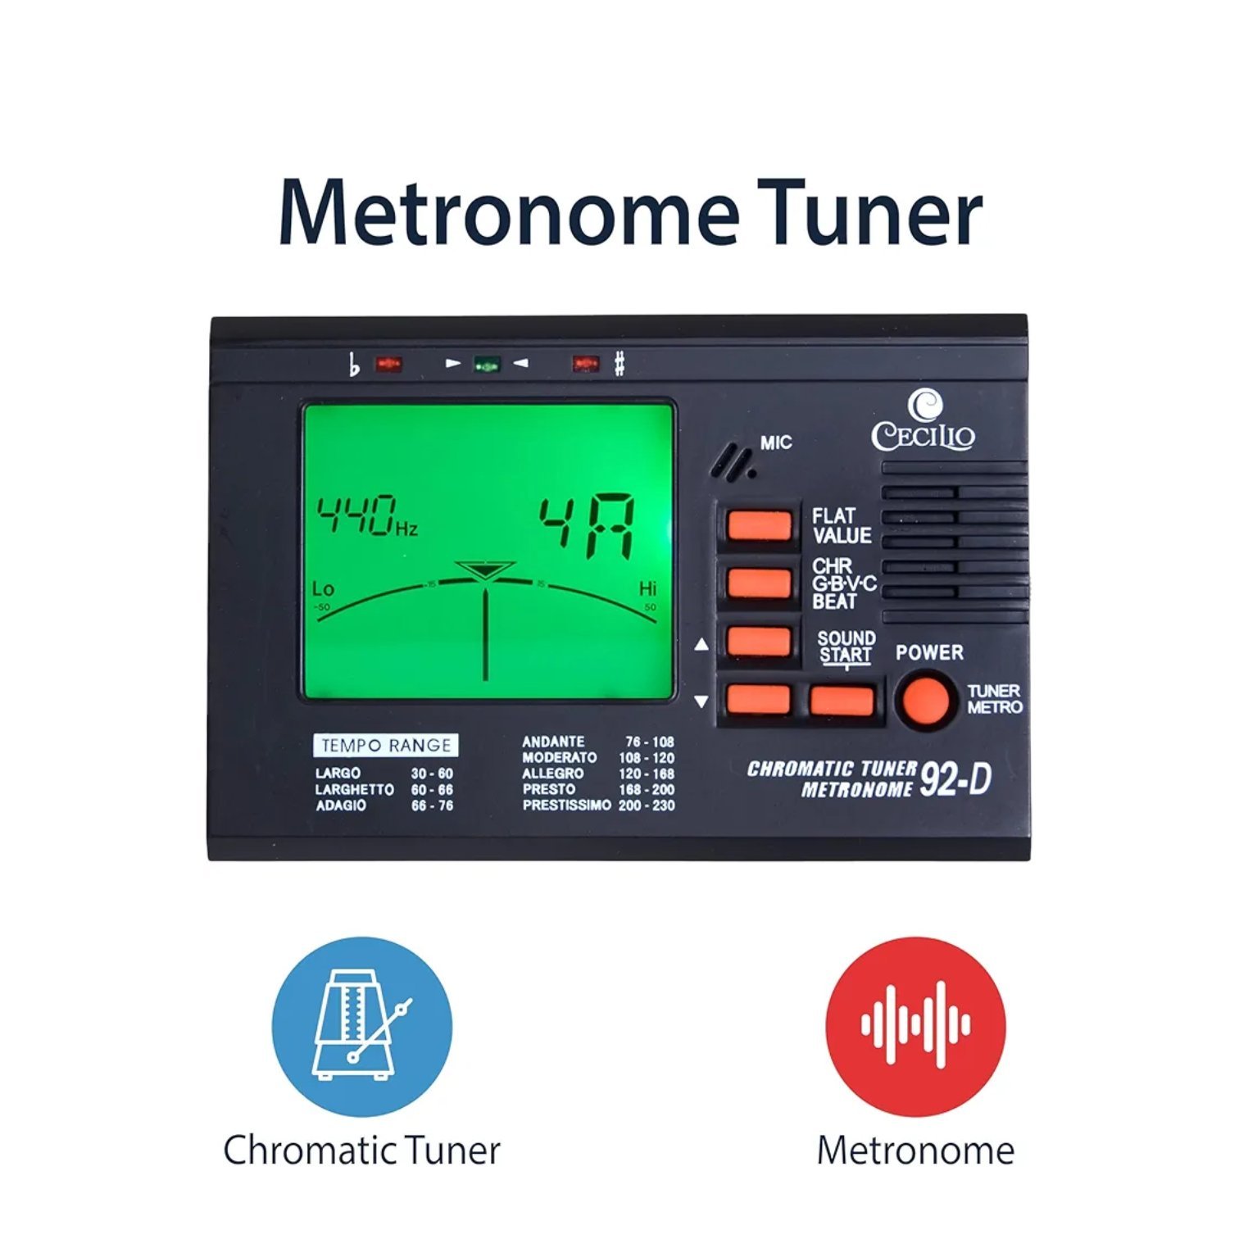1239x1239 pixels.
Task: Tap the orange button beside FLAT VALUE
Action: [759, 525]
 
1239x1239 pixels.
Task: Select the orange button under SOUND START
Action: [842, 701]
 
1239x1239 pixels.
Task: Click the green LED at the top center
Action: [488, 363]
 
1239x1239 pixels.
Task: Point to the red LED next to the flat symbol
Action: [388, 363]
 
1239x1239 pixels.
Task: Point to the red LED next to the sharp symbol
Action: [586, 363]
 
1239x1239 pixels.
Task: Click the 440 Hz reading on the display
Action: [368, 515]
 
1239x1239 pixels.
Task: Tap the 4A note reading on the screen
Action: [586, 526]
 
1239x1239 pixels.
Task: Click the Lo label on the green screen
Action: [323, 588]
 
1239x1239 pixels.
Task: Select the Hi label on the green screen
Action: [647, 588]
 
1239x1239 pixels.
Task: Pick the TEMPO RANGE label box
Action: [386, 745]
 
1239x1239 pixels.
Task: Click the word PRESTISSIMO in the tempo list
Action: [567, 806]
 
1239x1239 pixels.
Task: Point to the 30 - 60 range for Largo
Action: [432, 774]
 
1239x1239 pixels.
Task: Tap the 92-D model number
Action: [955, 779]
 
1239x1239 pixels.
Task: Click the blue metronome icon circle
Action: [362, 1026]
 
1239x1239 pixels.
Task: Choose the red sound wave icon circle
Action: [915, 1026]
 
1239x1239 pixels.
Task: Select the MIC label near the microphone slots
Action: [776, 443]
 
